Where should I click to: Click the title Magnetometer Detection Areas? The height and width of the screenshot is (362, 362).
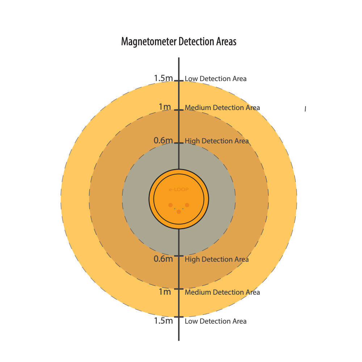tap(179, 42)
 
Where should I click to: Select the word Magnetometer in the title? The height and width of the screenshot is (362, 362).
tap(149, 42)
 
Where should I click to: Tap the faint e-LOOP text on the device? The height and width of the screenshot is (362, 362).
tap(179, 190)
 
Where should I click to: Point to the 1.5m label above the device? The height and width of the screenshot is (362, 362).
tap(163, 78)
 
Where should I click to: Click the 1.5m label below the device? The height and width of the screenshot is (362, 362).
tap(163, 321)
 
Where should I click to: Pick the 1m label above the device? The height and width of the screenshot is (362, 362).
tap(165, 107)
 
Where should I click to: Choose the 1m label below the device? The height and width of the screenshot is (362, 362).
tap(165, 292)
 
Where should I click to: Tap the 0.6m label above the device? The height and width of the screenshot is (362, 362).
tap(163, 140)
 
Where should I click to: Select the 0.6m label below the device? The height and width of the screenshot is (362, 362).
tap(163, 259)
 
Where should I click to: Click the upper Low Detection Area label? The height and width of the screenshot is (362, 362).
tap(216, 79)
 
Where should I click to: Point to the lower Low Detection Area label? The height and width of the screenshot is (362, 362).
tap(216, 321)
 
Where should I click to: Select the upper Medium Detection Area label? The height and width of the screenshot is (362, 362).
tap(222, 108)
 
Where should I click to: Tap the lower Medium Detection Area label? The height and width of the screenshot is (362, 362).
tap(222, 292)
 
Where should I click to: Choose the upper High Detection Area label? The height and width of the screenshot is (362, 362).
tap(217, 141)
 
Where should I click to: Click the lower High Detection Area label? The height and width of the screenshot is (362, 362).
tap(217, 260)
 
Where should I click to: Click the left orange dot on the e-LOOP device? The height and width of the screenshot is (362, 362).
tap(171, 205)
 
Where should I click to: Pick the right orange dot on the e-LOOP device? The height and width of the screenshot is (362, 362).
tap(187, 205)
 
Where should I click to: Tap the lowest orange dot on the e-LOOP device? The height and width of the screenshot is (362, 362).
tap(179, 211)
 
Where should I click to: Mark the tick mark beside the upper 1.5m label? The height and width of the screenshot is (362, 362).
tap(179, 81)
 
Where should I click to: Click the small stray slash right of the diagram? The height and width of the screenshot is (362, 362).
tap(305, 109)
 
